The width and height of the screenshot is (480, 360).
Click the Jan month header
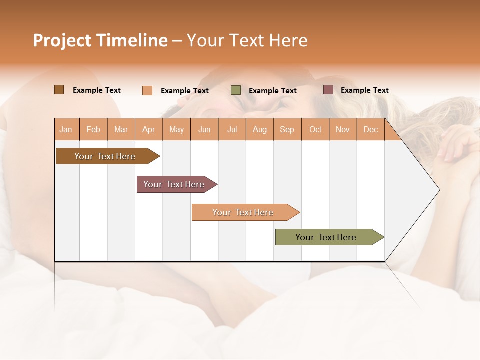click(66, 130)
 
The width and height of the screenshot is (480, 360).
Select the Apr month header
click(149, 130)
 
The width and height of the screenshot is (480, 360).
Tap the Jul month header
click(232, 130)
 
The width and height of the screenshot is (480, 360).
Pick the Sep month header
click(287, 130)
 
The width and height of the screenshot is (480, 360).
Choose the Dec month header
click(370, 130)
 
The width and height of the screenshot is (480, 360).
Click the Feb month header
click(93, 130)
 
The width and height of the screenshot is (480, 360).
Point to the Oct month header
click(315, 130)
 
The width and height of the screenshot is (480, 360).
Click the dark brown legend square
click(59, 90)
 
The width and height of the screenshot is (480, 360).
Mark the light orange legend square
click(147, 90)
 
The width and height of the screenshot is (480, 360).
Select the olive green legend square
click(236, 90)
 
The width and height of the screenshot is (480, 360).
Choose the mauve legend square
click(328, 90)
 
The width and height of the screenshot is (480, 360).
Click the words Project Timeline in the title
click(100, 40)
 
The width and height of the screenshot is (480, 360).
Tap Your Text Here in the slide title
click(247, 40)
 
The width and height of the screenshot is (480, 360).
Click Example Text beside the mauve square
click(364, 90)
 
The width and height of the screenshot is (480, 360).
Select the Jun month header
click(204, 130)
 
